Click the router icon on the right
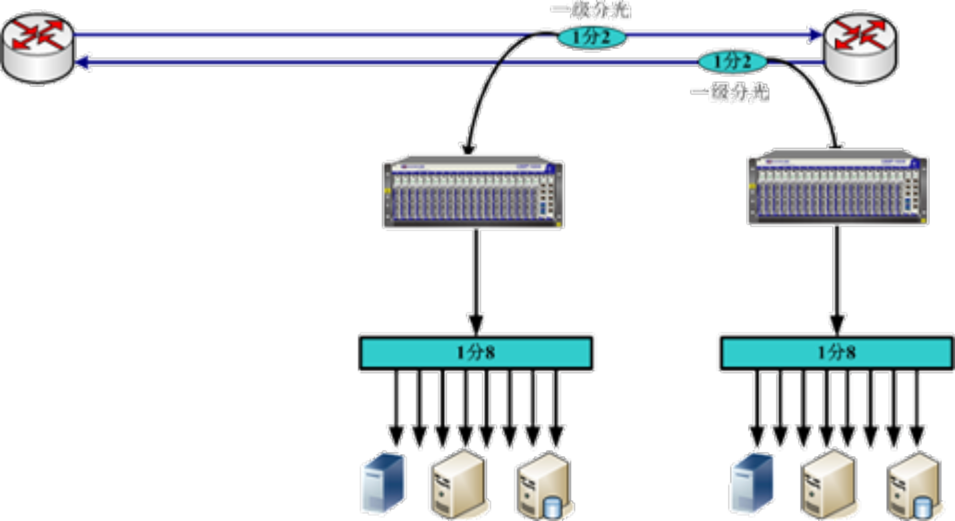coord(860,48)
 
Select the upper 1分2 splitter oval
coord(591,37)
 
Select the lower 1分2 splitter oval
coord(732,62)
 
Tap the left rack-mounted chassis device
coord(473,191)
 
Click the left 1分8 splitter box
coord(477,353)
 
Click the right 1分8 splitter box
coord(836,353)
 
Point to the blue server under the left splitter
coord(383,483)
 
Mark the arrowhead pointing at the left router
coord(85,62)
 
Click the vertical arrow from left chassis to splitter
coord(476,279)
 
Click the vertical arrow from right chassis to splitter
coord(837,279)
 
